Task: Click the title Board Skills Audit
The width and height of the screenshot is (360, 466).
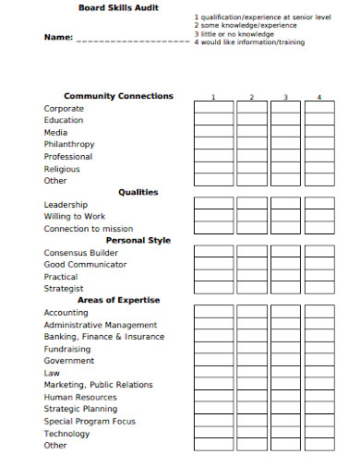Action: (118, 7)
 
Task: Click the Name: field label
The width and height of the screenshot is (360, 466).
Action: (58, 38)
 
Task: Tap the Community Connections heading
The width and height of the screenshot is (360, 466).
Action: (118, 96)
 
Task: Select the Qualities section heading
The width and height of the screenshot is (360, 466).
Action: (138, 193)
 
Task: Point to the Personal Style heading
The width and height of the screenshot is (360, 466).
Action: (138, 241)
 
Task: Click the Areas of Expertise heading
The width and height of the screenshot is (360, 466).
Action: (118, 300)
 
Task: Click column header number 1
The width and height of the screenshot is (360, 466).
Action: (212, 97)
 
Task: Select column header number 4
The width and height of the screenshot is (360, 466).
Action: (319, 97)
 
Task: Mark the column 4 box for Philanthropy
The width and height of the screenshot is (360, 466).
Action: (319, 145)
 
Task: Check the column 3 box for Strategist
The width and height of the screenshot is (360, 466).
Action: (285, 288)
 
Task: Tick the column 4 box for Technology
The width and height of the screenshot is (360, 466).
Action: (319, 433)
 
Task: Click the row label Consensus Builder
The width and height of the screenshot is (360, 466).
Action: (81, 253)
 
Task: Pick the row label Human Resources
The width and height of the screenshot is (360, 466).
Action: (80, 397)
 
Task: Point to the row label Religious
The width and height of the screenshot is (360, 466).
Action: (62, 169)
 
